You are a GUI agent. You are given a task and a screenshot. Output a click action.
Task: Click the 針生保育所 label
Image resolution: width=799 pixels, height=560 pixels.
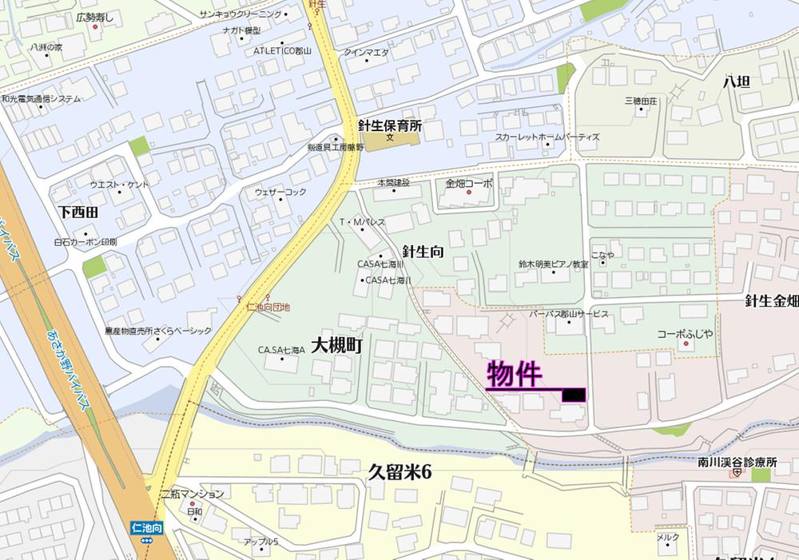[389, 125]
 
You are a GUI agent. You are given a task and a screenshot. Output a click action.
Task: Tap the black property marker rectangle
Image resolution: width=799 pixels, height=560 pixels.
[574, 395]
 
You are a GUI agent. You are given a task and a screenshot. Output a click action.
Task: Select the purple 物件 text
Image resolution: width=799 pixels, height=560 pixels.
[515, 374]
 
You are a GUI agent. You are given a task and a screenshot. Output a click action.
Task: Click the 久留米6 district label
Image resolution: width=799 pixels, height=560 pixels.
[399, 472]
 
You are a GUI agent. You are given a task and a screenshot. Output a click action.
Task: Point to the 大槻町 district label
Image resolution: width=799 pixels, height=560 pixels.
[337, 346]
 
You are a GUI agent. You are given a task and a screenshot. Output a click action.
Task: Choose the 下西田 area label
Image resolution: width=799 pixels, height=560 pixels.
[78, 212]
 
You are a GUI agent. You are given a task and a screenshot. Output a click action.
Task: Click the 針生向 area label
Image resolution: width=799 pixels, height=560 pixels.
[423, 252]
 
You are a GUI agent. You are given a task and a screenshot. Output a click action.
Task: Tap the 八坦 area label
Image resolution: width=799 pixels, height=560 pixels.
[736, 81]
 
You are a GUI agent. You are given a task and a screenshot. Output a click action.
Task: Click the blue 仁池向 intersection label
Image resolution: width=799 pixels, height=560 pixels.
[148, 527]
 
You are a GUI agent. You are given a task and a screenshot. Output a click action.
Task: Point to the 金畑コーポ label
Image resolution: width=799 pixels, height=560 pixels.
[469, 184]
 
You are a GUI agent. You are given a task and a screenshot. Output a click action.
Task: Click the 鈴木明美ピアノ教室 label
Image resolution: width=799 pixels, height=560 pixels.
[553, 264]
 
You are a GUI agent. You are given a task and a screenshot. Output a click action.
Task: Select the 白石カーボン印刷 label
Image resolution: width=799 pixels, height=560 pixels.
[85, 241]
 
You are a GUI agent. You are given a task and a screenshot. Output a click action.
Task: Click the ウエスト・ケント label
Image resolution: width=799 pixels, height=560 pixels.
[119, 185]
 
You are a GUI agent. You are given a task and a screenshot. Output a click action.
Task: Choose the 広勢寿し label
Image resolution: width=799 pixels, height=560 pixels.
[95, 16]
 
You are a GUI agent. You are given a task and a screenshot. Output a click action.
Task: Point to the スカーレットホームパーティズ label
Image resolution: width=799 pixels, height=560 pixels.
[547, 137]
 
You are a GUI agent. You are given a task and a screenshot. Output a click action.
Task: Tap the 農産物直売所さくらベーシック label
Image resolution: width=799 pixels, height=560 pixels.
[157, 330]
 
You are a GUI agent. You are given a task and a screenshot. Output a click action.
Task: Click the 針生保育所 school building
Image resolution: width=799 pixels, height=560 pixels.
[390, 142]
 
